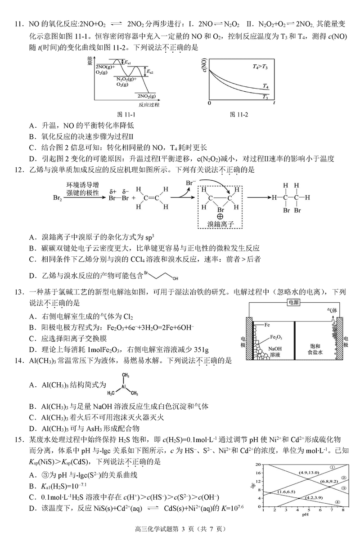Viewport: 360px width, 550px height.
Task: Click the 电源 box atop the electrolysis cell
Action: (295, 303)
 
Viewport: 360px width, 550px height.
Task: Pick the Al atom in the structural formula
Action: (122, 385)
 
